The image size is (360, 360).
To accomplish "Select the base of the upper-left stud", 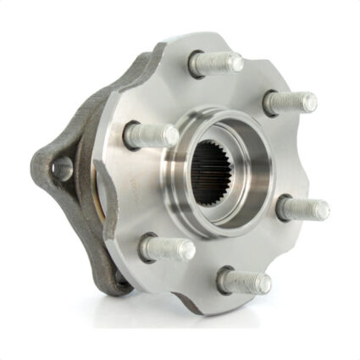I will pyautogui.click(x=133, y=133).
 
